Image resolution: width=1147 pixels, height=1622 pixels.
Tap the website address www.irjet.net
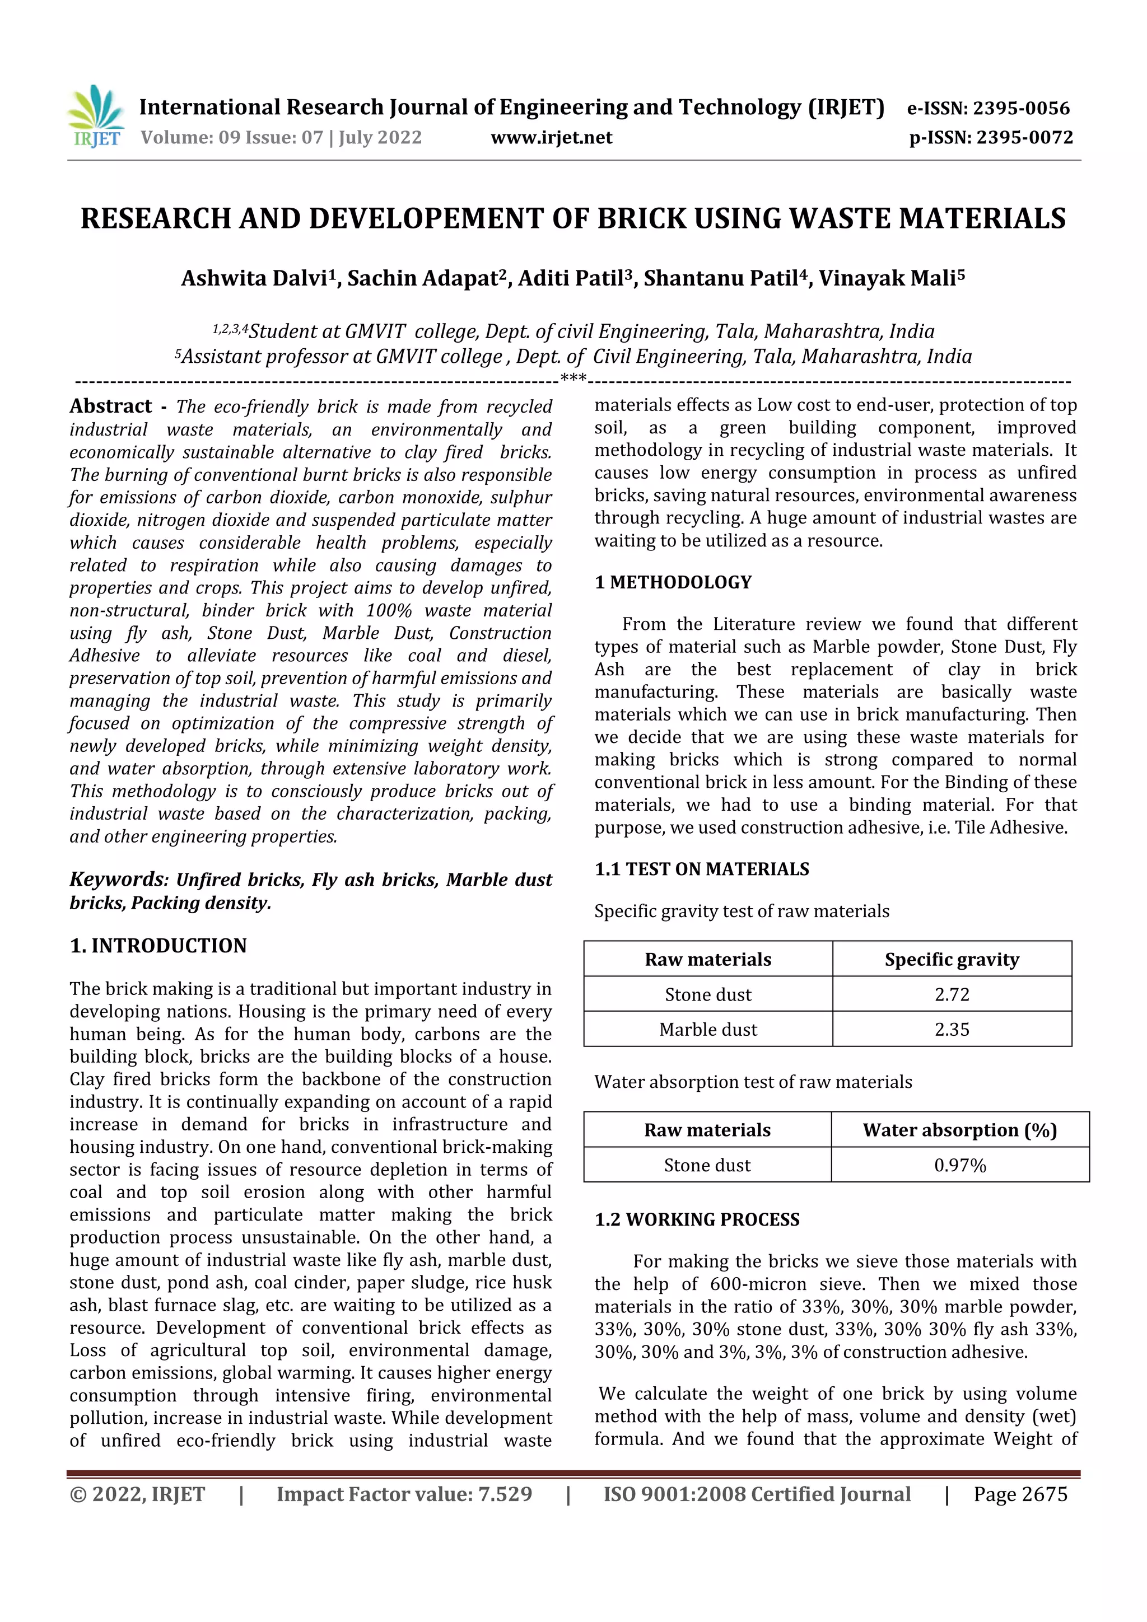(551, 138)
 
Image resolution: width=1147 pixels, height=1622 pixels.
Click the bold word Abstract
(110, 406)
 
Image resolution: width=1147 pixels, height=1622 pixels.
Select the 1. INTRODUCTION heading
(158, 945)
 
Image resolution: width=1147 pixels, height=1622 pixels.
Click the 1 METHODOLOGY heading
(673, 582)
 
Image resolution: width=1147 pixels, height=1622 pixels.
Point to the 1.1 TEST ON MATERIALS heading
(701, 869)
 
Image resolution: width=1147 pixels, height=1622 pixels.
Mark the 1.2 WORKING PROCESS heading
(697, 1219)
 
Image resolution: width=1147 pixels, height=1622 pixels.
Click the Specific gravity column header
(951, 959)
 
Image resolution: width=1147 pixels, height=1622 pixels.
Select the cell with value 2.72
(951, 995)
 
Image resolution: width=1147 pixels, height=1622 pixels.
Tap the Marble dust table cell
(707, 1029)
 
